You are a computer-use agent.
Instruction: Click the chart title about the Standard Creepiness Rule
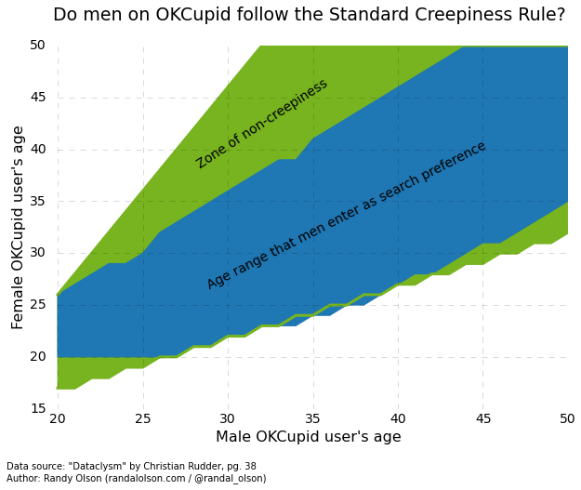309,15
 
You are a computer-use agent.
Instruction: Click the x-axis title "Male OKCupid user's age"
309,437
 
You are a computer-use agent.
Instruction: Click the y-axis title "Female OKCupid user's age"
19,228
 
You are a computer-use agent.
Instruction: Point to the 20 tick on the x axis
58,419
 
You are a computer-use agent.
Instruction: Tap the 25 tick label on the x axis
143,419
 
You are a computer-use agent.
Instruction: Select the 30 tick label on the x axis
228,419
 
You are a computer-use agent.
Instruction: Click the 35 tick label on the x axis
313,419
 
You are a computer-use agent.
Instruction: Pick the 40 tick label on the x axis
398,419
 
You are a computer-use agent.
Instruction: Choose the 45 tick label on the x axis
483,419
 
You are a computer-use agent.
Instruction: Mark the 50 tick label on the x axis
567,419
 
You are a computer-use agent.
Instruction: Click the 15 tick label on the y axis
37,409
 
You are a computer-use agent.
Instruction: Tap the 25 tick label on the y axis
37,305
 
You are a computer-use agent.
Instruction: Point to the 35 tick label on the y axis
37,201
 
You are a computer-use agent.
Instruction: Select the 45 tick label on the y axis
37,98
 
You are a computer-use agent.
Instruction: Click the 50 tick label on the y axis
37,46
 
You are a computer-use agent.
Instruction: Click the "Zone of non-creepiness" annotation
262,124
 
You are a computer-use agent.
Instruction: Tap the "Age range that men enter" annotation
347,215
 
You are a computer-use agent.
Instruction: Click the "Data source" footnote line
131,467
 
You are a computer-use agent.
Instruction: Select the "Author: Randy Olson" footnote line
136,479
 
